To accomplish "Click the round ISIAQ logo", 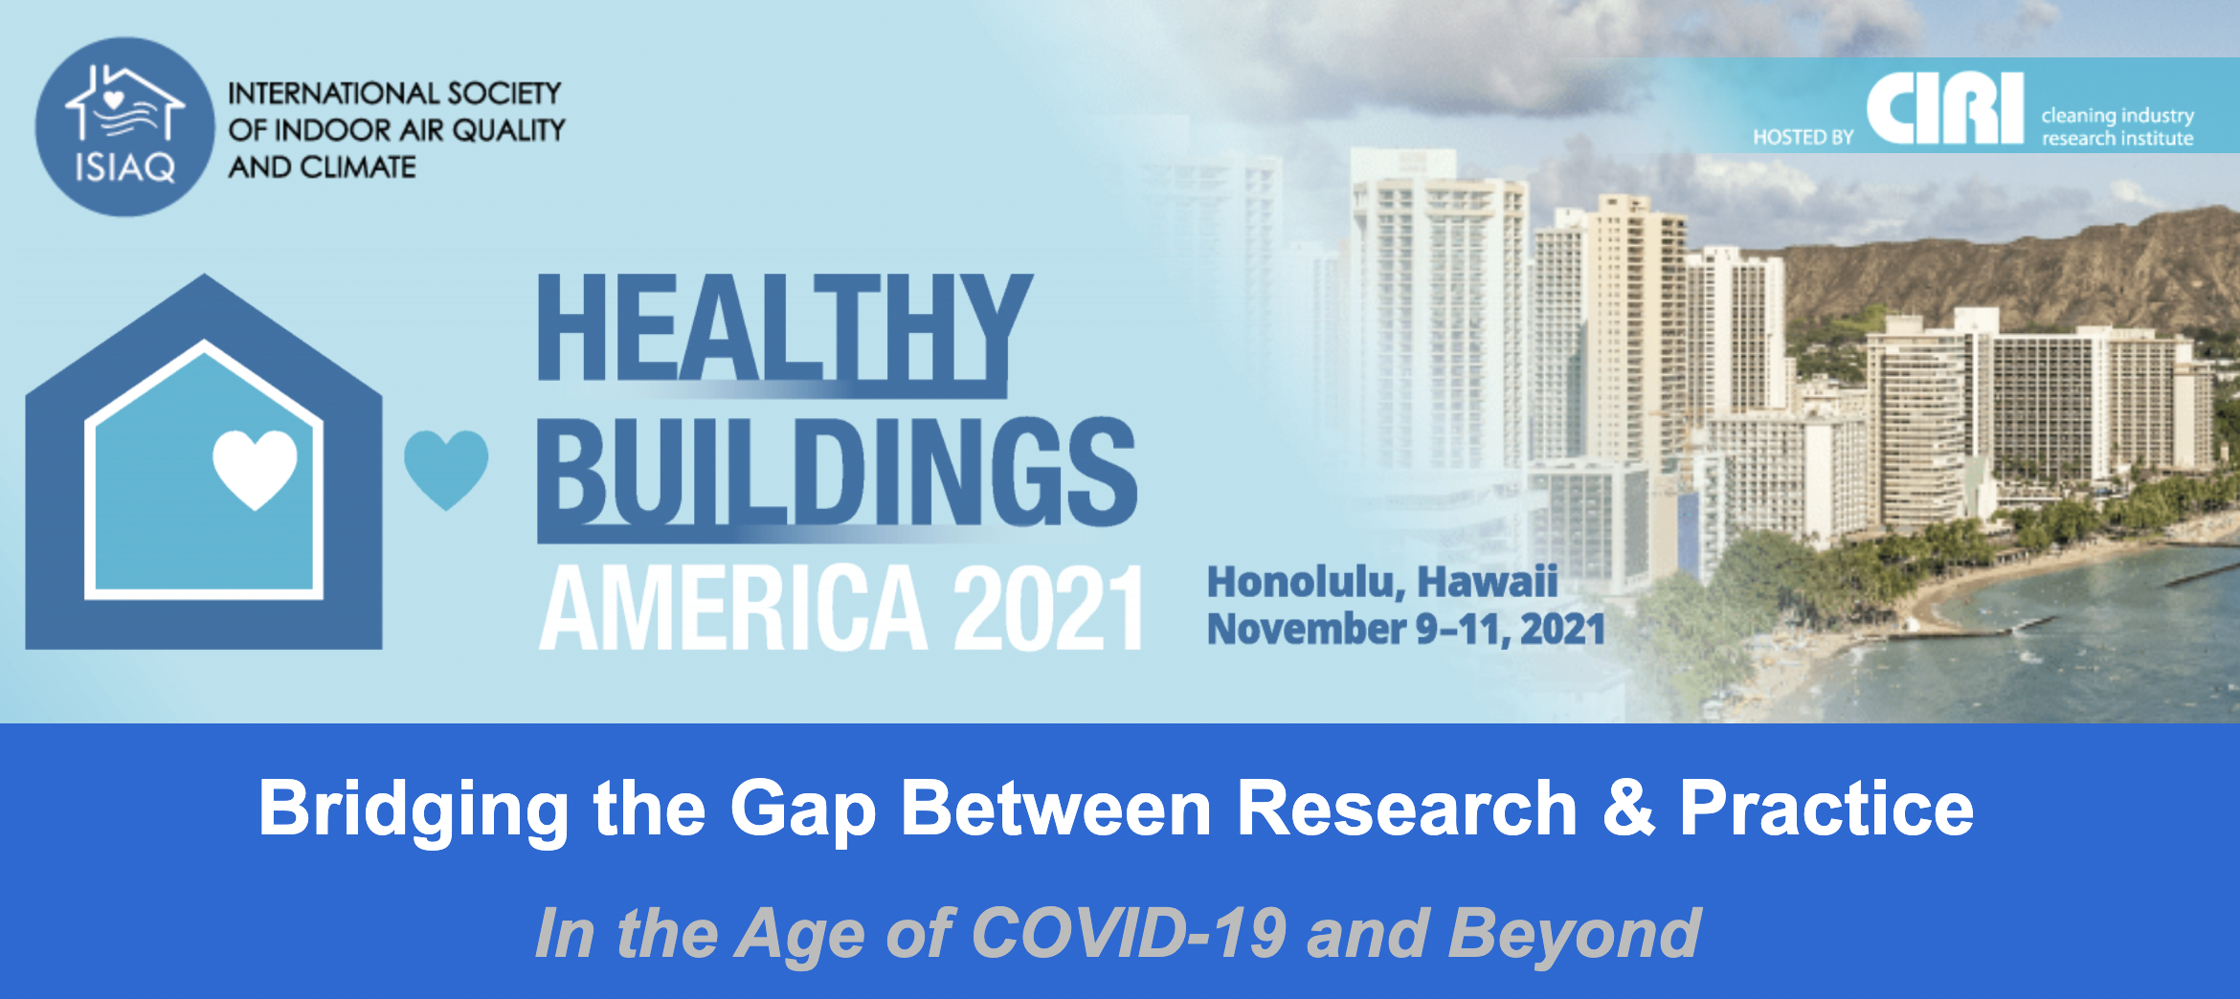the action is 124,126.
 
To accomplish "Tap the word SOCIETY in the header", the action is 504,94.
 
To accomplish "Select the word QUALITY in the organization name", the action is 508,130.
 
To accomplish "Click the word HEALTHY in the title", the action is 785,327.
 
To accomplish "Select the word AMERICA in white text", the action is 734,608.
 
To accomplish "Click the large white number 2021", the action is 1048,608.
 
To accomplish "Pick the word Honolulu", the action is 1306,582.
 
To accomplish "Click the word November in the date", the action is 1307,629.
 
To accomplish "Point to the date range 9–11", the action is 1462,630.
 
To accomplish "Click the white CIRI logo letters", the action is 1945,108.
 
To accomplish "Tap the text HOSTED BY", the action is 1803,138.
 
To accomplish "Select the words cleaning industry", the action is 2117,116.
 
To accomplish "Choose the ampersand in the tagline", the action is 1628,808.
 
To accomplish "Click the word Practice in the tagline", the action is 1826,808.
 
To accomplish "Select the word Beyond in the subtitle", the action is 1575,934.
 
